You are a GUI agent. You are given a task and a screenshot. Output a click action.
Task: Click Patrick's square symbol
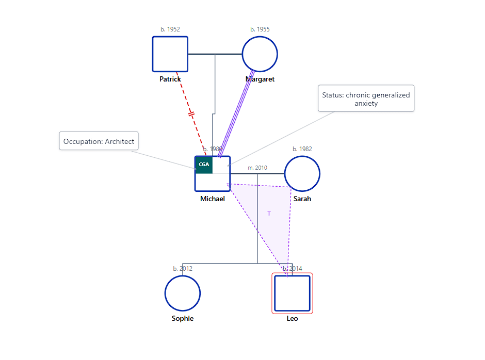(170, 54)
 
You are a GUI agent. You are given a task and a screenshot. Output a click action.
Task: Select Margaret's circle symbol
(260, 54)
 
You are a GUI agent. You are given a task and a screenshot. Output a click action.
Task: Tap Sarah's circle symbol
(302, 174)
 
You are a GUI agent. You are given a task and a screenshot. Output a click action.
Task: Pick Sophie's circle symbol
(183, 293)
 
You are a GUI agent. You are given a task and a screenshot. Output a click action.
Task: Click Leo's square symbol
(292, 293)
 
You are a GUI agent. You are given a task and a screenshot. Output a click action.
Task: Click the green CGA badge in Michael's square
(204, 165)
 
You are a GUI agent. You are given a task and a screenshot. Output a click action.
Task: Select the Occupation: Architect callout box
(99, 141)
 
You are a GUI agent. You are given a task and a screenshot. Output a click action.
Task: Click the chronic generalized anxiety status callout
(366, 99)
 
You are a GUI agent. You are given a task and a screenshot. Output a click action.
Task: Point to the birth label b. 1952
(170, 29)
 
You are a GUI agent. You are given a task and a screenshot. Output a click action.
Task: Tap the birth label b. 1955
(260, 29)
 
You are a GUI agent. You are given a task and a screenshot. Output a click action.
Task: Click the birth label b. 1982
(302, 149)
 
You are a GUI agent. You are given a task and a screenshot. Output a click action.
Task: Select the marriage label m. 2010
(257, 168)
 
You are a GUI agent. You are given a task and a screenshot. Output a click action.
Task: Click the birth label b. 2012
(183, 269)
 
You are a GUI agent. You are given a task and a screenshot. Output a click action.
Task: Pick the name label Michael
(213, 199)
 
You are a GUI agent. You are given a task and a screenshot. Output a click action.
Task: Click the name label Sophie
(183, 318)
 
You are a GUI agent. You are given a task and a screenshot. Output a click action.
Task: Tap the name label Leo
(292, 318)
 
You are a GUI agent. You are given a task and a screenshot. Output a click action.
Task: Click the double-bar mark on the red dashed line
(191, 113)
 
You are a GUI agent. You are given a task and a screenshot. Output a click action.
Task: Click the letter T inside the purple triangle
(269, 214)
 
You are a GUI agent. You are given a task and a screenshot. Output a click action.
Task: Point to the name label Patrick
(170, 79)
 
